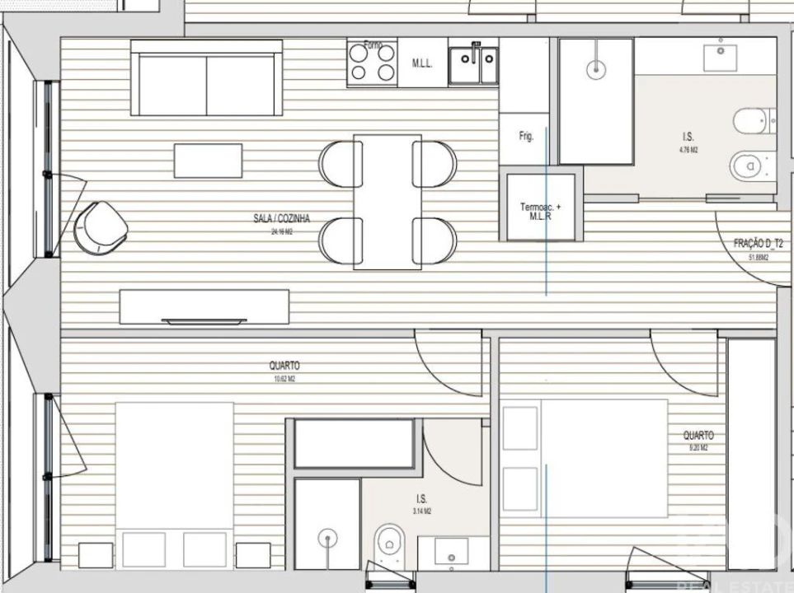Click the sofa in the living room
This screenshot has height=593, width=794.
click(x=206, y=84)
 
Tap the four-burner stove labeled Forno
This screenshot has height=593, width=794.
click(x=372, y=63)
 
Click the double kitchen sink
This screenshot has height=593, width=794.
click(x=473, y=65)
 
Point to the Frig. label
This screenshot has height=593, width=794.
click(x=525, y=137)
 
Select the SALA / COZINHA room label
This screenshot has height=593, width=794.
click(x=281, y=219)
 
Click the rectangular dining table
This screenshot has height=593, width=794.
click(x=387, y=202)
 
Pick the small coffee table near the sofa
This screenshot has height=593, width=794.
click(x=208, y=161)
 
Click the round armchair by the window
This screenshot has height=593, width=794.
click(x=100, y=226)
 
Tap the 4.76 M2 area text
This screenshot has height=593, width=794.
click(x=688, y=150)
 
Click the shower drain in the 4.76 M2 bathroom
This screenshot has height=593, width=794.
click(x=594, y=71)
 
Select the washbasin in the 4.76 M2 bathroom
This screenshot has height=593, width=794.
click(x=724, y=56)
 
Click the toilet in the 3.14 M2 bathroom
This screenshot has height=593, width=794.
click(x=387, y=543)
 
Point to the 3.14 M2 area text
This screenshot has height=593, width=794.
click(x=422, y=511)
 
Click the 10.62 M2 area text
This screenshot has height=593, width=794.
click(x=284, y=380)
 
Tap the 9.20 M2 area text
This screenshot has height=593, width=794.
click(x=698, y=447)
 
